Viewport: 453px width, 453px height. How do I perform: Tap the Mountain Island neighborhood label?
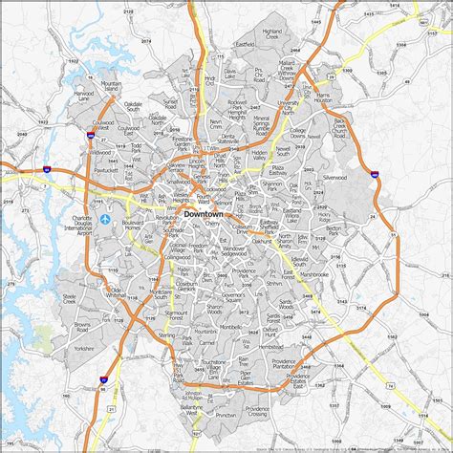click(111, 87)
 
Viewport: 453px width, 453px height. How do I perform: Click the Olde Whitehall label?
click(118, 291)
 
